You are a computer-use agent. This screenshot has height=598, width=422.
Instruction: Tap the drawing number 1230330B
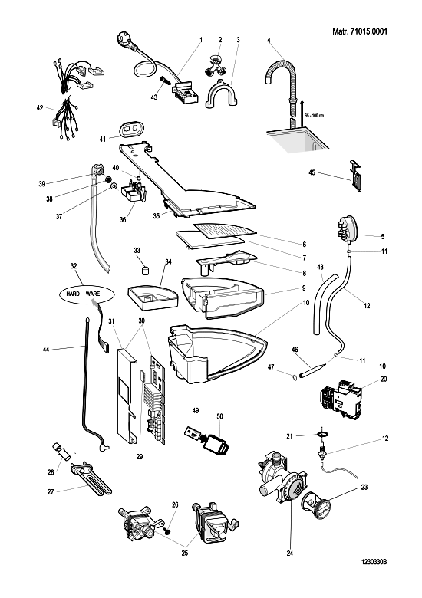(x=374, y=562)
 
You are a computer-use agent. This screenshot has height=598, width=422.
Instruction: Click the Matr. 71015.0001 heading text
(x=359, y=31)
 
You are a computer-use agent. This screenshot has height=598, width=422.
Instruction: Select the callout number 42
(x=40, y=108)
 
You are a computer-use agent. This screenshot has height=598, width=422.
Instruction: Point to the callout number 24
(x=289, y=554)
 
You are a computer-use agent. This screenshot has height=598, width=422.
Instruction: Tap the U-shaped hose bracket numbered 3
(x=222, y=94)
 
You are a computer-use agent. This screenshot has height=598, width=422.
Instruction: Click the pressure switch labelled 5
(x=349, y=228)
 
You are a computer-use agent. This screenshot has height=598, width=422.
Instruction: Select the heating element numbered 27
(x=91, y=478)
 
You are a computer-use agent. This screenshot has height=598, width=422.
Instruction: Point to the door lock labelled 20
(x=339, y=399)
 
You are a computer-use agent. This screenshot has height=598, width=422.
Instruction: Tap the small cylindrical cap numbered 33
(x=144, y=270)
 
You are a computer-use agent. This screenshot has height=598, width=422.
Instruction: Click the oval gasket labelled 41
(x=131, y=130)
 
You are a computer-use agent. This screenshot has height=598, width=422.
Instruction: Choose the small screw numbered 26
(x=167, y=530)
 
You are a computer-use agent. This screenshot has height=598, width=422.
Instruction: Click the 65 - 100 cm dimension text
(x=314, y=116)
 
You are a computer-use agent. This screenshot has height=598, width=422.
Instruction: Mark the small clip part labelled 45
(x=355, y=176)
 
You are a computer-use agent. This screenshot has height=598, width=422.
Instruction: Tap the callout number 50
(x=219, y=416)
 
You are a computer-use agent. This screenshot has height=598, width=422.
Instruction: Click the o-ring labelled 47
(x=295, y=377)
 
